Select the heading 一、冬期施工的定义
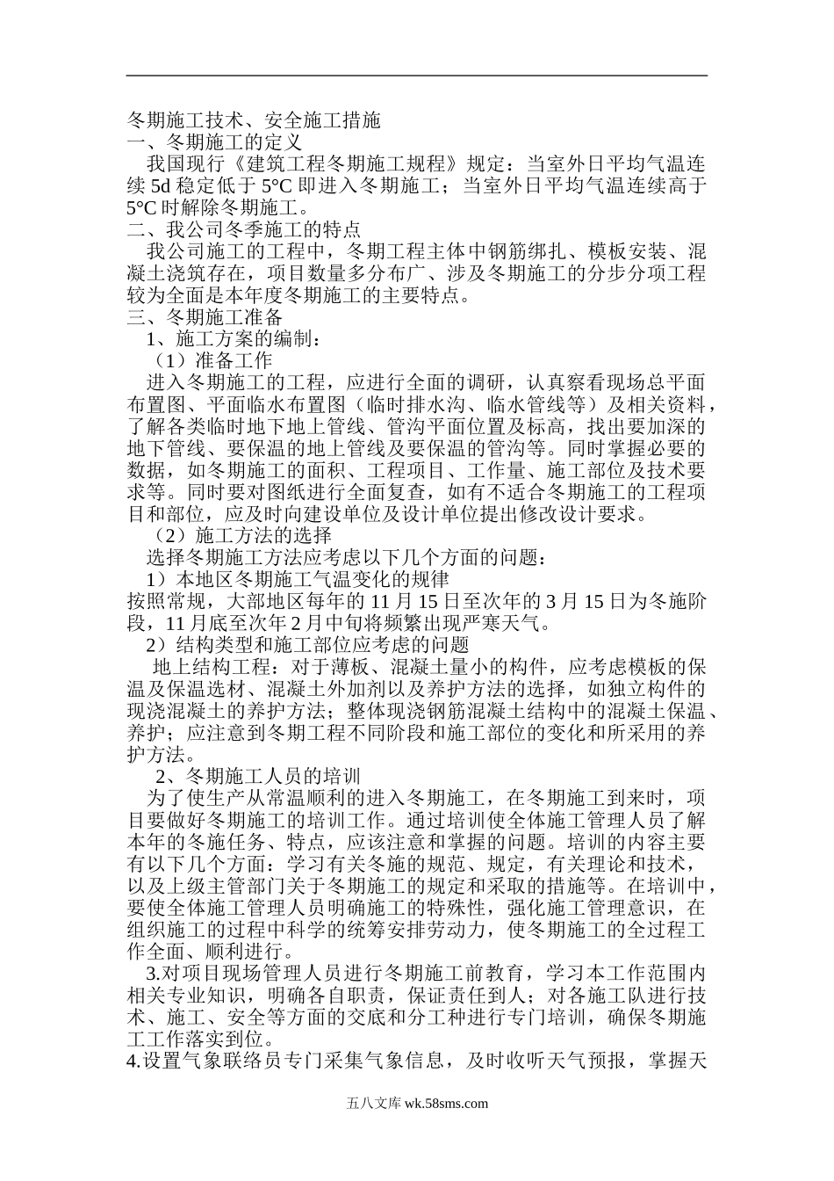click(215, 141)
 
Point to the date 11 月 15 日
click(416, 601)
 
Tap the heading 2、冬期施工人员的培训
click(258, 776)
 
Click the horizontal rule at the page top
click(417, 76)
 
